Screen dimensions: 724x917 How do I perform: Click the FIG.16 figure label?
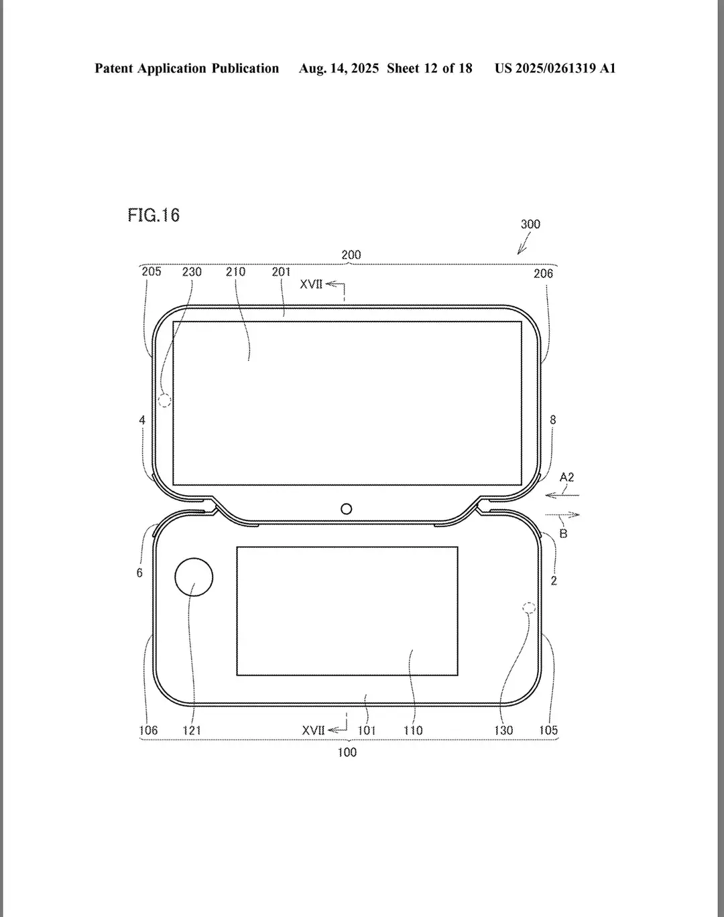154,215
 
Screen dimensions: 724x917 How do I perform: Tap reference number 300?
530,224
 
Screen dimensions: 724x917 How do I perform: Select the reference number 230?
192,272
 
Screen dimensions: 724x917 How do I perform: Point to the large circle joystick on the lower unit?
194,577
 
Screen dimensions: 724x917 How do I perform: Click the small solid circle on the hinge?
347,509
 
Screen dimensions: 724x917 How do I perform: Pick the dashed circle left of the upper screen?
165,401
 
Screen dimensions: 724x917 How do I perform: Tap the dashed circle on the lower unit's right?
529,608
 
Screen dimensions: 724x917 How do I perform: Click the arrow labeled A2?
562,495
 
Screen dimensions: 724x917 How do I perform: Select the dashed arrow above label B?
562,514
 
